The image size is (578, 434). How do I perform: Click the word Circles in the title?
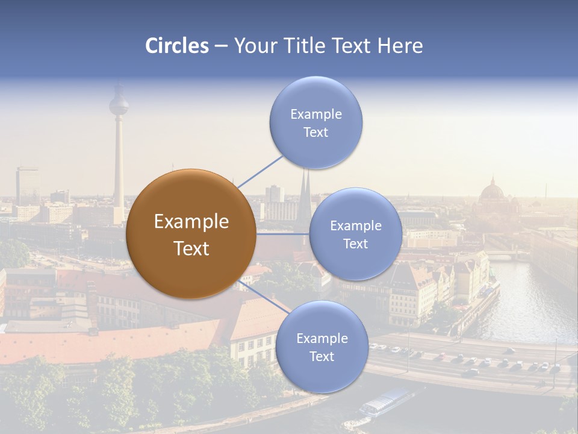[x=177, y=46]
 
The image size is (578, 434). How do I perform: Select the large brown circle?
[x=191, y=234]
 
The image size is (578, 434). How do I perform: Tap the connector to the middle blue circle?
[x=282, y=234]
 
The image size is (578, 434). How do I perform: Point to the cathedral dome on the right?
[x=492, y=191]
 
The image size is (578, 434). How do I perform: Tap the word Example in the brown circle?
[x=191, y=222]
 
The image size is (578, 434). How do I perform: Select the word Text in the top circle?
[x=316, y=133]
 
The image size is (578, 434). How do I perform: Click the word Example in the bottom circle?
[x=322, y=338]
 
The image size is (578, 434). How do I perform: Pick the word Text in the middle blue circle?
[x=356, y=244]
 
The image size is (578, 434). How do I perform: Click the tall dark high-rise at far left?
[x=28, y=186]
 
